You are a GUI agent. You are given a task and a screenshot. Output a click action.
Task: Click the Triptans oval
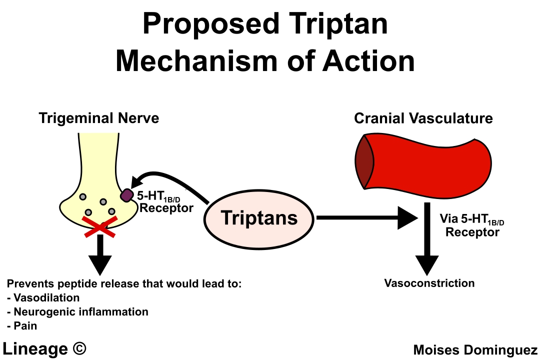pyautogui.click(x=259, y=218)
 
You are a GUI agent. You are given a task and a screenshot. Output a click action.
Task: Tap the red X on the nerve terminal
pyautogui.click(x=100, y=225)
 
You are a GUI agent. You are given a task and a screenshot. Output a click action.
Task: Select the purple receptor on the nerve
pyautogui.click(x=126, y=195)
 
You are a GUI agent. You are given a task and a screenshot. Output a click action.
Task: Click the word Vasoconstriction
pyautogui.click(x=429, y=283)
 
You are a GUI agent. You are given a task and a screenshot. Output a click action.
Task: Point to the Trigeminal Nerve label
pyautogui.click(x=99, y=118)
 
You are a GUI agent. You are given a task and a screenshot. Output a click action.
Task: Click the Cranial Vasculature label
pyautogui.click(x=423, y=118)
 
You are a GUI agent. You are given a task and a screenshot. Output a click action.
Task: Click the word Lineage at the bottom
pyautogui.click(x=34, y=348)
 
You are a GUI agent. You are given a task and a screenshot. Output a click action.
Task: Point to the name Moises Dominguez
pyautogui.click(x=475, y=350)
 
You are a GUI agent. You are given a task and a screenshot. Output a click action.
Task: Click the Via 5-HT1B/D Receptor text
pyautogui.click(x=472, y=225)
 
